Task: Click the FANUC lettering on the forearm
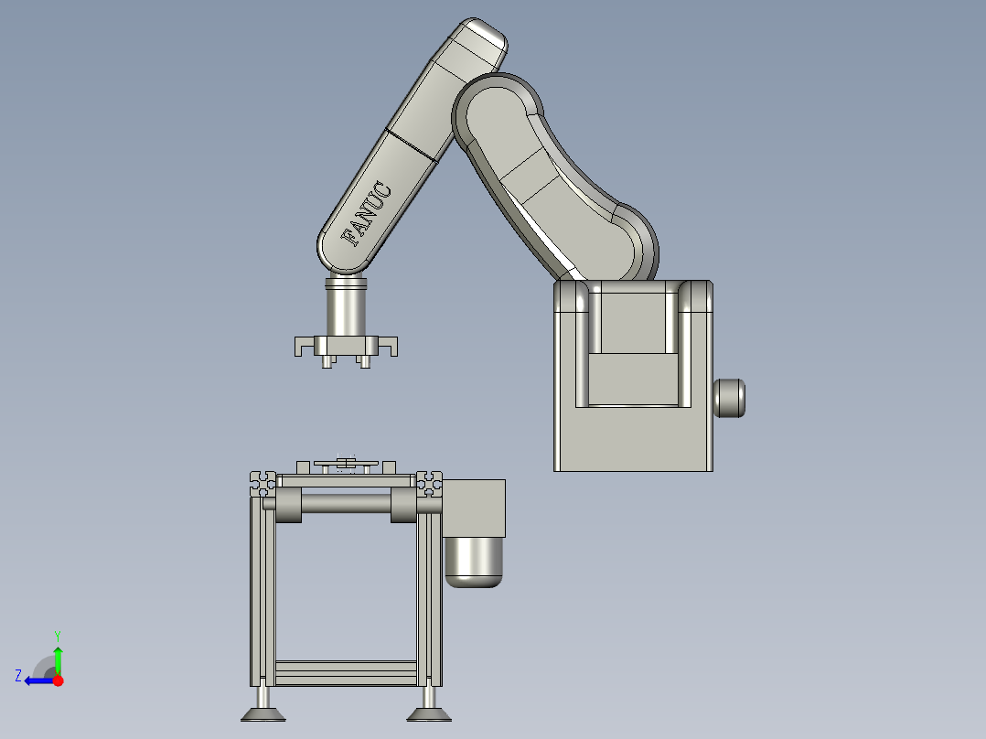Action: tap(367, 215)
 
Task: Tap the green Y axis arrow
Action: tap(58, 658)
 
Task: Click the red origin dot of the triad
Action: tap(58, 680)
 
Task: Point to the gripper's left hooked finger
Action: tap(303, 346)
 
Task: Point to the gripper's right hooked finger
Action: tap(390, 346)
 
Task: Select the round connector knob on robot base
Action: tap(729, 398)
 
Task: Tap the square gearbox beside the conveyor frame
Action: tap(474, 508)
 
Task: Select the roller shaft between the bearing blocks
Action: tap(347, 503)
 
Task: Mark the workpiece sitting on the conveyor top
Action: tap(346, 465)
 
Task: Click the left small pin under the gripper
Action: tap(327, 363)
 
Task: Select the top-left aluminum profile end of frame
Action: tap(263, 477)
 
